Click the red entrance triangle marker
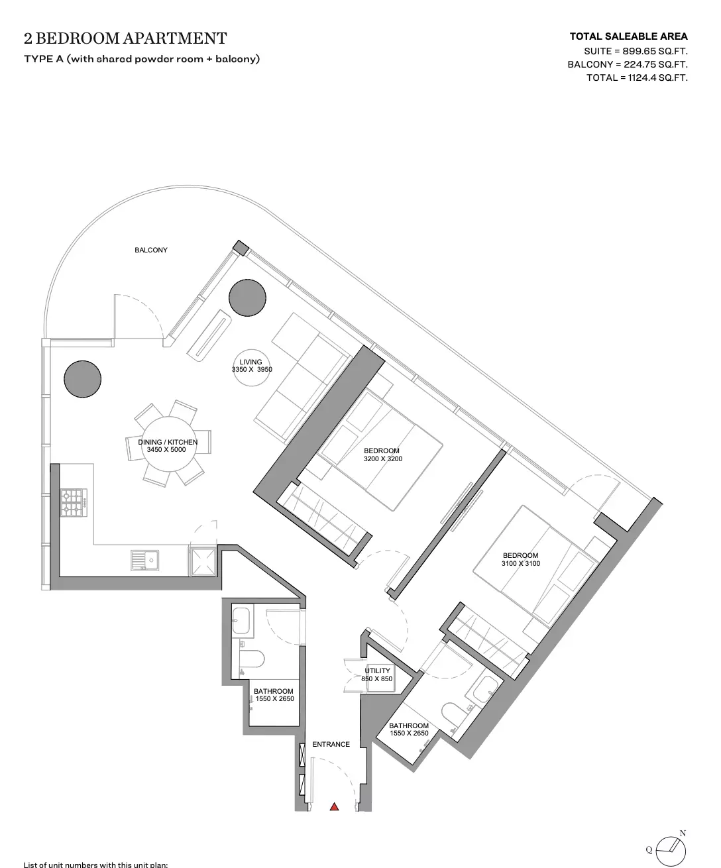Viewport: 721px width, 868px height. (x=334, y=807)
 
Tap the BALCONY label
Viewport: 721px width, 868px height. (x=151, y=250)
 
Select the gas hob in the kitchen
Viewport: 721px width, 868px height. (x=74, y=502)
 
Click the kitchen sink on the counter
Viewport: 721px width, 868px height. (x=144, y=560)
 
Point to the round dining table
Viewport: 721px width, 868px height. (x=169, y=444)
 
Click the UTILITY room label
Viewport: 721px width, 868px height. (x=377, y=671)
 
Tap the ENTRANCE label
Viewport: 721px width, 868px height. (x=331, y=744)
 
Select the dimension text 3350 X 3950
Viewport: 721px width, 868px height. (x=252, y=369)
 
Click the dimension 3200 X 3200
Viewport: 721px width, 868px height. (x=383, y=459)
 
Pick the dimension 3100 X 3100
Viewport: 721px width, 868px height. (x=521, y=563)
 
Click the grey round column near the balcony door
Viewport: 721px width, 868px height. (x=247, y=298)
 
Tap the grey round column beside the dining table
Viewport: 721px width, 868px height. (x=82, y=379)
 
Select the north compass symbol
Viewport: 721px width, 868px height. (x=670, y=849)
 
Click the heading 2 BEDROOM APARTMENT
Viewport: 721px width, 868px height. (x=125, y=38)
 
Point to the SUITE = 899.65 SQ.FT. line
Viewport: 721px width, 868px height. (x=636, y=51)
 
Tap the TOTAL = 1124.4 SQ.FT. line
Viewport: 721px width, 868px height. (x=637, y=78)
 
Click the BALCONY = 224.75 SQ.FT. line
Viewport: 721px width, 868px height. (x=628, y=64)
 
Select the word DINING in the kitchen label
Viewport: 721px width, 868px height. (x=150, y=442)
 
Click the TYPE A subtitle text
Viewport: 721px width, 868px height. (x=142, y=59)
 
